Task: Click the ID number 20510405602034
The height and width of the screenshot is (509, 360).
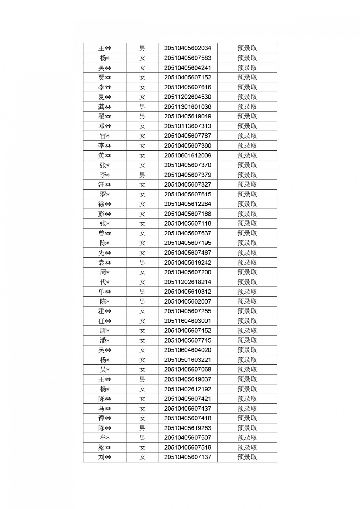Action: tap(187, 48)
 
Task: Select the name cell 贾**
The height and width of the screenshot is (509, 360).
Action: tap(105, 78)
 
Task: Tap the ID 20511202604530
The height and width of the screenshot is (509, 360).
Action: tap(187, 97)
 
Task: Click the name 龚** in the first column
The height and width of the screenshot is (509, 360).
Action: tap(105, 107)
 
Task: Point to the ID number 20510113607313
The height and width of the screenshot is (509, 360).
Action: tap(187, 126)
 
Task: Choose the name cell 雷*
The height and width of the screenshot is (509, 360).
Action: tap(105, 136)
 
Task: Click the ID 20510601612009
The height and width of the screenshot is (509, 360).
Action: tap(187, 155)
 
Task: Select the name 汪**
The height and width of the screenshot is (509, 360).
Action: tap(105, 184)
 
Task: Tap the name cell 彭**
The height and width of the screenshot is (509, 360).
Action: tap(105, 214)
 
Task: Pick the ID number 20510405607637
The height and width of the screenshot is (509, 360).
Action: tap(187, 233)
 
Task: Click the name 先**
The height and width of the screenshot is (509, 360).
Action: tap(105, 253)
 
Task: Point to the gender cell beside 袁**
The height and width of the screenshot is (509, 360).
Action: tap(142, 262)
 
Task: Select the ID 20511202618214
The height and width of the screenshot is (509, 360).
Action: tap(187, 282)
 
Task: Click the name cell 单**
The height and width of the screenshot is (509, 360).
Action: tap(105, 292)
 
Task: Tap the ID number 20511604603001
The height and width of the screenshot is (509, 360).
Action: tap(187, 321)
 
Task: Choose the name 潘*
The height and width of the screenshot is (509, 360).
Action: tap(105, 340)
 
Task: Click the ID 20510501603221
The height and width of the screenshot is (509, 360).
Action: tap(187, 360)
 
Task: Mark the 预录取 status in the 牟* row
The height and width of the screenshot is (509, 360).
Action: tap(247, 438)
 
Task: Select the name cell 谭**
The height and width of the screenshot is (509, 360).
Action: tap(105, 418)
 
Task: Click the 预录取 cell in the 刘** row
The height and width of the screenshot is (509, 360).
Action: tap(247, 457)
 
